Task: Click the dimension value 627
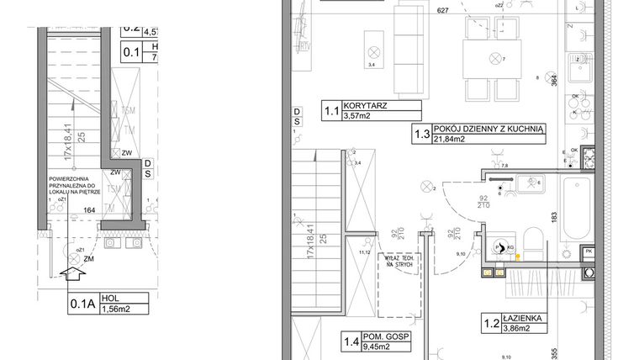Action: (x=442, y=11)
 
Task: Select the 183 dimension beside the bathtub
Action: (x=553, y=216)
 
